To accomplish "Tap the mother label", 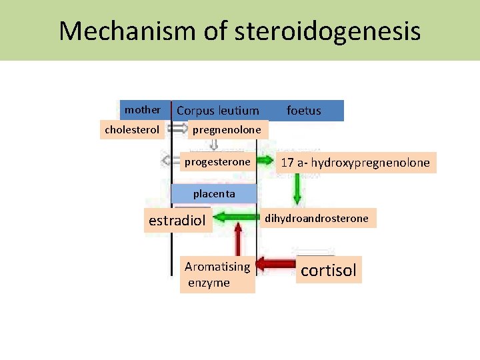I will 143,109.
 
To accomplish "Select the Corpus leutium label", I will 217,111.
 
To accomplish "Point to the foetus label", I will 304,111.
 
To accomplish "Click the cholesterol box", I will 132,129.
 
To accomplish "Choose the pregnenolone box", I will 227,129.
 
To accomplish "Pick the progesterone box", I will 217,161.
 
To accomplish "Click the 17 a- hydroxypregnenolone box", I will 355,163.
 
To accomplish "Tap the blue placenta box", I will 214,194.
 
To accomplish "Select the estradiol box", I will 177,221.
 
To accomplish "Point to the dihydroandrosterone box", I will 317,218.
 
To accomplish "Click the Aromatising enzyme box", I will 217,275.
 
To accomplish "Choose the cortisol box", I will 329,270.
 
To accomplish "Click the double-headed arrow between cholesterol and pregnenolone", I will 178,128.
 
